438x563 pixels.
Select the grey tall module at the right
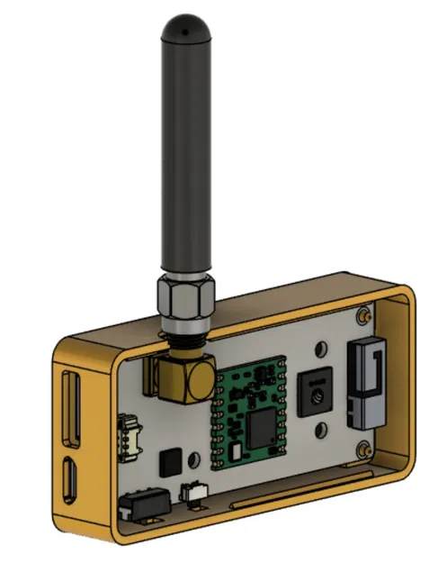(x=364, y=383)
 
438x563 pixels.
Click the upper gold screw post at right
(x=364, y=317)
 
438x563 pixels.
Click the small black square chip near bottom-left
(x=169, y=463)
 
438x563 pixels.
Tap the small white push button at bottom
(x=192, y=493)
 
